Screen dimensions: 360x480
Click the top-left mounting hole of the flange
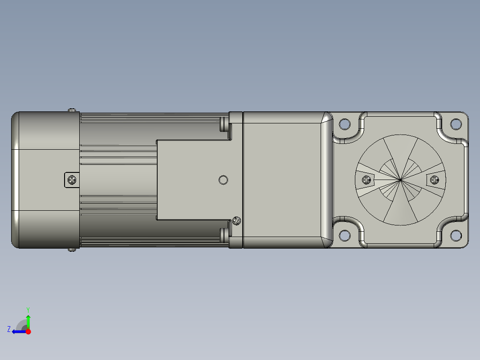[345, 124]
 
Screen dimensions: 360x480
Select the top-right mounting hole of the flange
[456, 124]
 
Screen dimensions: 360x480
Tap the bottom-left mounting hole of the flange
[345, 235]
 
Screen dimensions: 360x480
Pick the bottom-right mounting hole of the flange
[456, 235]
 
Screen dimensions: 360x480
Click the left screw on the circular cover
[367, 180]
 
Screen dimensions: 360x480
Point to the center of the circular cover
[401, 180]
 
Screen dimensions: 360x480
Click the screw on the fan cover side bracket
[72, 180]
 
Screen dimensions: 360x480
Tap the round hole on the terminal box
[224, 180]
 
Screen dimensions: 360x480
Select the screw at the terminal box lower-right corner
[236, 221]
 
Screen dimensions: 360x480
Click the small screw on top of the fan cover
[72, 110]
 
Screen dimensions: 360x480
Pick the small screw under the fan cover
[72, 250]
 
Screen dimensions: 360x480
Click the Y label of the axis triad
[28, 309]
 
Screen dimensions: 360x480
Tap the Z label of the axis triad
[8, 329]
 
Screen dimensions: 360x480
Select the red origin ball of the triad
[28, 331]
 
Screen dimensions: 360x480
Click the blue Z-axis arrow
[19, 331]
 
